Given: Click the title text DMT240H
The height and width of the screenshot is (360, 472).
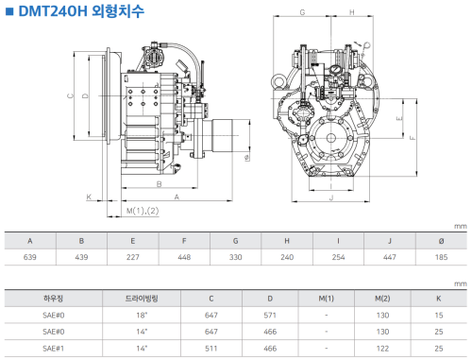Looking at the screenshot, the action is tap(53, 11).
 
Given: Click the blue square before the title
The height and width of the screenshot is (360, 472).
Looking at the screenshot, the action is tap(9, 11).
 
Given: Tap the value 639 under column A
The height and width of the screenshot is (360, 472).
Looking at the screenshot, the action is tap(30, 257).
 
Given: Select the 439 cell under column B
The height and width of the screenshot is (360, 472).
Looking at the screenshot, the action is tap(81, 257).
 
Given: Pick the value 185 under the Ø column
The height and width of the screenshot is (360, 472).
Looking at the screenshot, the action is tap(441, 257).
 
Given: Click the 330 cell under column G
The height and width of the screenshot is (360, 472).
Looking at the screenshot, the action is tap(236, 257).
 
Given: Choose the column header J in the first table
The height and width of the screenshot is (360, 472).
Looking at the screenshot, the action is tap(390, 241).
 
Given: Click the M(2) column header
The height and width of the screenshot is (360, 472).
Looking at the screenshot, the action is tap(382, 299).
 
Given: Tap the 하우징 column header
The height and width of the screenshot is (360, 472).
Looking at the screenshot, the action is tap(53, 299).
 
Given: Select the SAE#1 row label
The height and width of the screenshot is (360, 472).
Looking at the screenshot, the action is tap(54, 349).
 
